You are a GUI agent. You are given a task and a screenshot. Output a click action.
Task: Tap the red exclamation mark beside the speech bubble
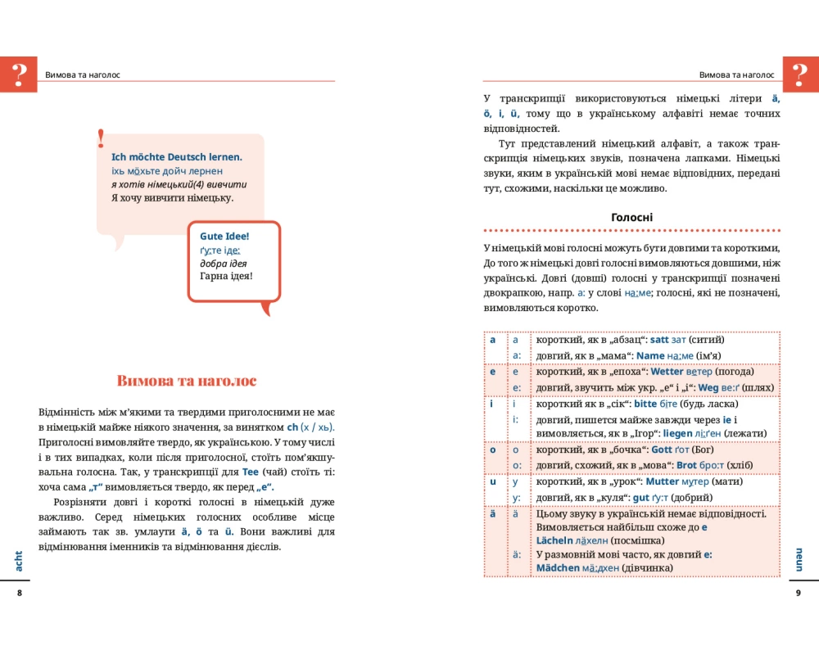(x=101, y=138)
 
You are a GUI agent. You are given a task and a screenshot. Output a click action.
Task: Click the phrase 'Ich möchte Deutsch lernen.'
(x=176, y=156)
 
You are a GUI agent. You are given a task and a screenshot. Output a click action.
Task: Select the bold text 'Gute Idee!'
(x=224, y=236)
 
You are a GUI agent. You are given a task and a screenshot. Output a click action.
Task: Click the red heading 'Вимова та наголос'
(x=187, y=381)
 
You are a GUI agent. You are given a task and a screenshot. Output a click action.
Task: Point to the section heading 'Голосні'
(x=631, y=218)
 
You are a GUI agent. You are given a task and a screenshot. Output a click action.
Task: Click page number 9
(x=798, y=593)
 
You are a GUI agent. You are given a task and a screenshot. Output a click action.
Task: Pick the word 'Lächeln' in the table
(x=557, y=540)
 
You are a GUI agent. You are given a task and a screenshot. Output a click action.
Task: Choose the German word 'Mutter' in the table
(x=663, y=482)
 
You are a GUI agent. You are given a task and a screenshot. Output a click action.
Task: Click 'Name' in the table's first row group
(x=650, y=355)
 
